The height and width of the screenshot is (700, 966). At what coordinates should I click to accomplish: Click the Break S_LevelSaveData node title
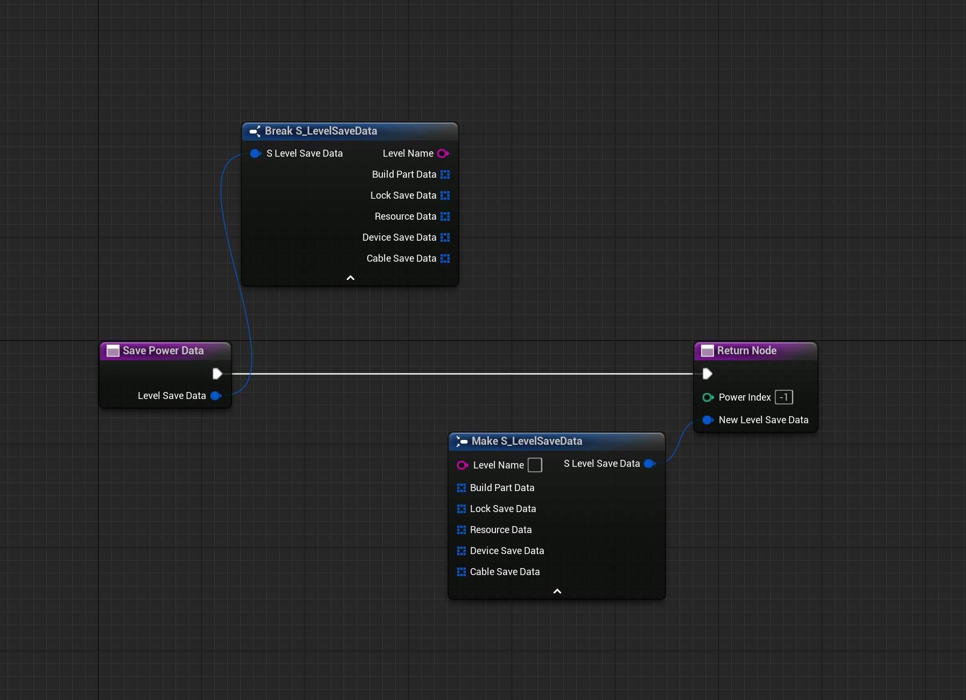pos(320,131)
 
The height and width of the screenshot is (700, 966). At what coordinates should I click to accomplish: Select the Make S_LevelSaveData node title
pos(527,441)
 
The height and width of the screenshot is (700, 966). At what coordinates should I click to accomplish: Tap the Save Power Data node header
pos(163,351)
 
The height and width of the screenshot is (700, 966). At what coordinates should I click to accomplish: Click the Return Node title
pos(746,351)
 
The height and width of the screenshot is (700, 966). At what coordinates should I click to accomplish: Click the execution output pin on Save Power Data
pos(217,374)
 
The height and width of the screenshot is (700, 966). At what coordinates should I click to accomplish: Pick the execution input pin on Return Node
pos(708,374)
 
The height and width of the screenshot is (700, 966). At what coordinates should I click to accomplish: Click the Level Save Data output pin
pos(216,396)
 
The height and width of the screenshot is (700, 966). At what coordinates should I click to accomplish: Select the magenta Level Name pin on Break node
pos(443,153)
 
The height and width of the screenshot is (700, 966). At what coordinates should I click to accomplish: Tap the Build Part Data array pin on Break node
pos(445,174)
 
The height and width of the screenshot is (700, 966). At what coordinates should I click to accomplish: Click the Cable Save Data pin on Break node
pos(445,258)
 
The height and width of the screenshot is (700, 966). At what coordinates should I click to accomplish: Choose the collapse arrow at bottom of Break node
pos(351,278)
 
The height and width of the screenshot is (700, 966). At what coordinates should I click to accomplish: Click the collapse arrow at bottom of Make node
pos(557,591)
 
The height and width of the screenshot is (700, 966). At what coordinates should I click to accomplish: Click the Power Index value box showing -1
pos(783,397)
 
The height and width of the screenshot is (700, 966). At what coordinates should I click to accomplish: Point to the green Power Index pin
pos(708,397)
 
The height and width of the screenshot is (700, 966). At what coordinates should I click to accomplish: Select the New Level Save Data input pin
pos(708,420)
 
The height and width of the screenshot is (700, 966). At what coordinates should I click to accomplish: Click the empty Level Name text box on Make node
pos(535,465)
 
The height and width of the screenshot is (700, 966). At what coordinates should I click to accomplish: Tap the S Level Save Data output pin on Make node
pos(649,464)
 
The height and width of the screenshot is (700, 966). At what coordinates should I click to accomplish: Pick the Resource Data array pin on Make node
pos(461,530)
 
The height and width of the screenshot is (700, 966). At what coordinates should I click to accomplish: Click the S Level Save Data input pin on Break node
pos(255,153)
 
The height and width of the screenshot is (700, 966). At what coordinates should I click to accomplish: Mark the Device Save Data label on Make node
pos(507,551)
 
